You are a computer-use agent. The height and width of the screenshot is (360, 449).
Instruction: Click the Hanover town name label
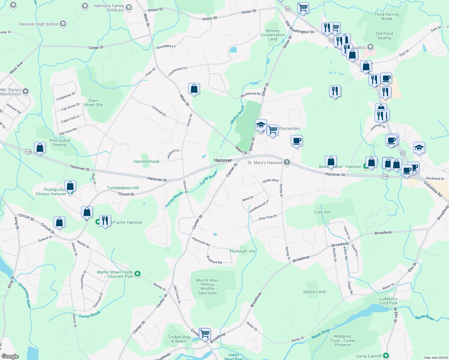click(223, 160)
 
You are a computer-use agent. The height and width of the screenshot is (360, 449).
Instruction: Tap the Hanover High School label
click(39, 24)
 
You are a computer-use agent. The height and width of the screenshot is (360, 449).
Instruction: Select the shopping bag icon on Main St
click(194, 89)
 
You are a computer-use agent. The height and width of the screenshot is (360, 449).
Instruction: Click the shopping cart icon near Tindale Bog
click(205, 333)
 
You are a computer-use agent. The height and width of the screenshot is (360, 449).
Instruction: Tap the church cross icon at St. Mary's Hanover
click(287, 163)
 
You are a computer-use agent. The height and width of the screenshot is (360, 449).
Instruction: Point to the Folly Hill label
click(322, 212)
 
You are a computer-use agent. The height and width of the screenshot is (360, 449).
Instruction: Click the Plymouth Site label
click(243, 251)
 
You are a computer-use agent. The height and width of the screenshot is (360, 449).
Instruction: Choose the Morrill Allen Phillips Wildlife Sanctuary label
click(208, 286)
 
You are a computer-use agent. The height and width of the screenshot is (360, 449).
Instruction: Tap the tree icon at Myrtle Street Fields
click(137, 273)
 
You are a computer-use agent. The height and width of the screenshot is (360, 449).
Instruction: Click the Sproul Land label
click(314, 292)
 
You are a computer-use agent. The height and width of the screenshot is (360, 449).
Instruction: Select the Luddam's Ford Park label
click(388, 301)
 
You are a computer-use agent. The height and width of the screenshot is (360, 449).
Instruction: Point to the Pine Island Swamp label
click(59, 142)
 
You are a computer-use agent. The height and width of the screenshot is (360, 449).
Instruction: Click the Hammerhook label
click(146, 161)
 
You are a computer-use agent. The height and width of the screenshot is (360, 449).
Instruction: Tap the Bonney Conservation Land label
click(273, 35)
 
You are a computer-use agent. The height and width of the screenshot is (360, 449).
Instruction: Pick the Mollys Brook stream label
click(237, 115)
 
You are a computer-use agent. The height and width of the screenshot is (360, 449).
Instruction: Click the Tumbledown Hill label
click(123, 188)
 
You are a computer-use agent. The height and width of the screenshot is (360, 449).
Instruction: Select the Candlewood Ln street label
click(259, 206)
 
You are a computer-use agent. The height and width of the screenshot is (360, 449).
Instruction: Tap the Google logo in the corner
click(10, 356)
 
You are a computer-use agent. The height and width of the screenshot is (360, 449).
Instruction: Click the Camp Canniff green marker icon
click(386, 356)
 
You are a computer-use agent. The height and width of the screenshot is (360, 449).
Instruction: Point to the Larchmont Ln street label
click(177, 71)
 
